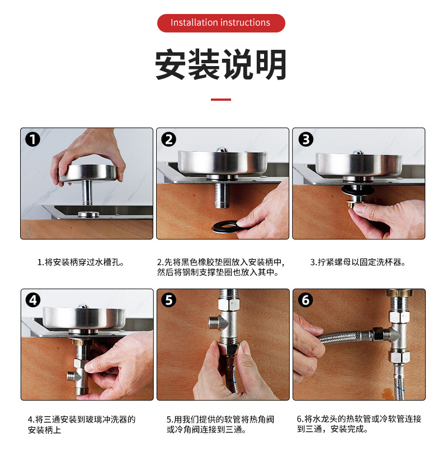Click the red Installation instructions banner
(221, 23)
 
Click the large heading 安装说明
(221, 64)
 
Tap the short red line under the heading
(221, 100)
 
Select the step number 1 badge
(32, 139)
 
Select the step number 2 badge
(169, 139)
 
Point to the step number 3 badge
(305, 139)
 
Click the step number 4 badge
(33, 300)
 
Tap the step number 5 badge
(169, 300)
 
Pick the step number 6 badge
(305, 300)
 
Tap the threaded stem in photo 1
(87, 193)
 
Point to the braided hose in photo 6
(342, 337)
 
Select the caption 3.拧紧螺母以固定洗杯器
(358, 262)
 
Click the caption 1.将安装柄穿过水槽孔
(81, 262)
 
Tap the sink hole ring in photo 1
(88, 214)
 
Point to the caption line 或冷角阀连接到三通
(206, 430)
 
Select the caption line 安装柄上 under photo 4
(44, 430)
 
